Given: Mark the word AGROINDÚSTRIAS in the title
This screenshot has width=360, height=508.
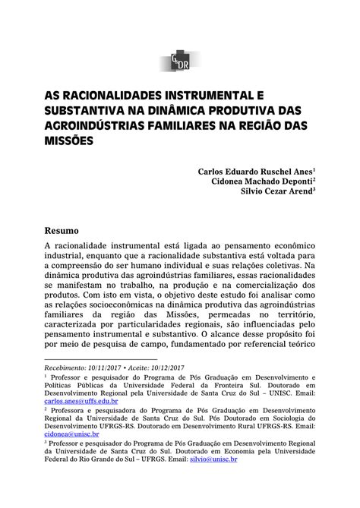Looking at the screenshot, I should (x=95, y=127).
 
